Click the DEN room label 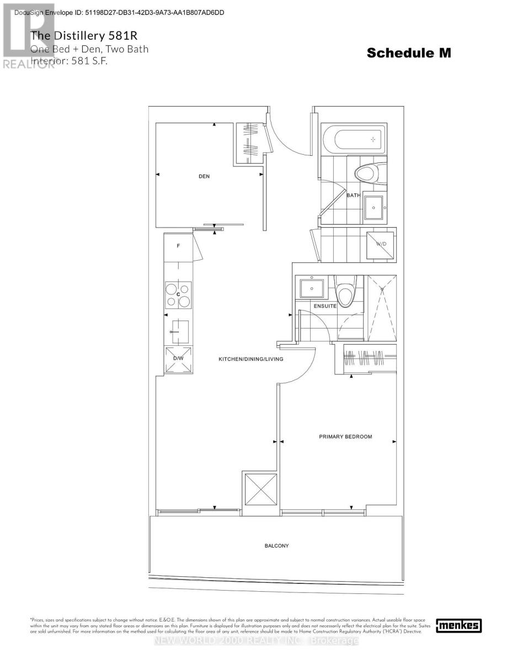point(204,176)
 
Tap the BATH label point(353,195)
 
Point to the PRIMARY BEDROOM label point(345,436)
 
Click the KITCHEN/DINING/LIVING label point(250,359)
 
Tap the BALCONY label point(276,546)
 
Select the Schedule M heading point(409,53)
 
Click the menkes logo point(458,625)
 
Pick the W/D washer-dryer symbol point(381,244)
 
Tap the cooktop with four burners point(178,294)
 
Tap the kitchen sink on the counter point(179,331)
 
